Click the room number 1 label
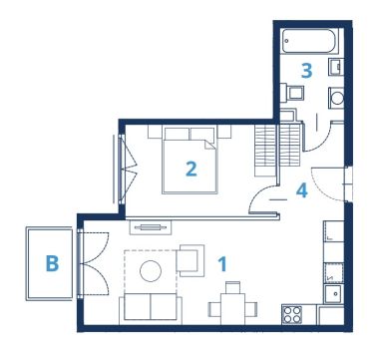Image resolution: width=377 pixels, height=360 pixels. [222, 264]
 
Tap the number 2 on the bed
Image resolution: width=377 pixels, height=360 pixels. [191, 169]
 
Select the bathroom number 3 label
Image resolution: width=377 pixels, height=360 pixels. [306, 71]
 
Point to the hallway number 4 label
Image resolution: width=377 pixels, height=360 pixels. [302, 190]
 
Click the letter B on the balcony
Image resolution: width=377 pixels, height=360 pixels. [52, 263]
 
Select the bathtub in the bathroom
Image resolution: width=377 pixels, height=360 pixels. [310, 41]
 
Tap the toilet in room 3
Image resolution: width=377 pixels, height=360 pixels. [291, 93]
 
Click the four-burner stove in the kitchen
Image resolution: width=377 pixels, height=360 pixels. [292, 315]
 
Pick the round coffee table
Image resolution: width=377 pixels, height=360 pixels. [151, 271]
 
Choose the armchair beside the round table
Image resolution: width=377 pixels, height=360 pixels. [189, 260]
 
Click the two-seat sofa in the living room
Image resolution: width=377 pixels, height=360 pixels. [151, 309]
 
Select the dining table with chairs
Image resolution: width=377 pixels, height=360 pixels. [232, 304]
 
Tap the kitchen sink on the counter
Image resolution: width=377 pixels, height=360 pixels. [334, 294]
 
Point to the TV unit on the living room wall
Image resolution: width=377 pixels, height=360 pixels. [151, 227]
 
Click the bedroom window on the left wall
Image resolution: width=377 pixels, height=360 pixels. [122, 170]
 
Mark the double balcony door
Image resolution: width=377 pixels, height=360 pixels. [93, 264]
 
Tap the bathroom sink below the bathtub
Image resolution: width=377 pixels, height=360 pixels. [336, 67]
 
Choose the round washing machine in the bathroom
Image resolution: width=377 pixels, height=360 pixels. [336, 98]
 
